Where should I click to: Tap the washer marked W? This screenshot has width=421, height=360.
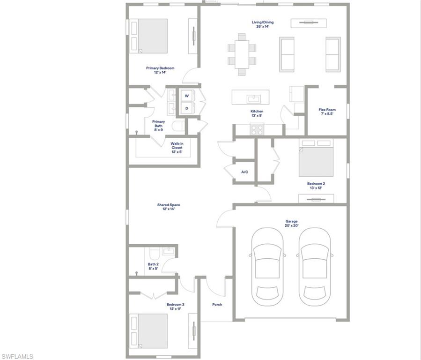point(186,96)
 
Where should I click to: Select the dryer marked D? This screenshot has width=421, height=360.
point(186,108)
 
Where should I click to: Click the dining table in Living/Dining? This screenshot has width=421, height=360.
point(242,54)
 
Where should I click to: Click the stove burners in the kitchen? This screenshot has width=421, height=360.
point(257,129)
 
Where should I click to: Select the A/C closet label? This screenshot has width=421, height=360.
point(244,172)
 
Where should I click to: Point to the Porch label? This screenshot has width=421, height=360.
point(217,304)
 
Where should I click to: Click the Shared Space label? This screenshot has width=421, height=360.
point(169,207)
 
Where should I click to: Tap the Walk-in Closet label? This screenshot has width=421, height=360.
point(177,147)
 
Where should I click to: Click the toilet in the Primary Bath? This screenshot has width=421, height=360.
point(177,127)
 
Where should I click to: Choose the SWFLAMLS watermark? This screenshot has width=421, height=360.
point(17,356)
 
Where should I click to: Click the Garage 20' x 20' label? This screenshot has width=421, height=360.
point(292,223)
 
